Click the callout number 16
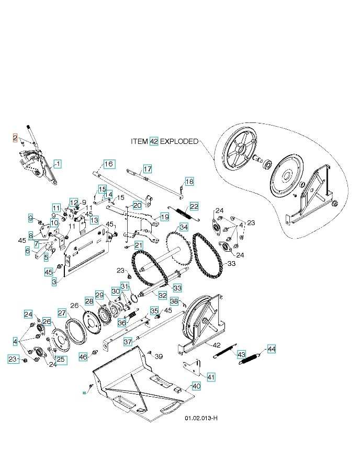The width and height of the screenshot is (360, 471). [x=108, y=164]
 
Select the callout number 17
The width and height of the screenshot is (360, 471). [x=148, y=169]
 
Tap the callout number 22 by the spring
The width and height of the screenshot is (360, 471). [x=194, y=206]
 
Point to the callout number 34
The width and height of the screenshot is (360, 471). [x=184, y=228]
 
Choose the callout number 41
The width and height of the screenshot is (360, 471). [x=210, y=377]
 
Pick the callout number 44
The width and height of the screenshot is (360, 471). [x=271, y=348]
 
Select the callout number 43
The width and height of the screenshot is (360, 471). [x=242, y=354]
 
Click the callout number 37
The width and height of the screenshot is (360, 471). [x=128, y=342]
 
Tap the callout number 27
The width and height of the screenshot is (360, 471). [x=62, y=313]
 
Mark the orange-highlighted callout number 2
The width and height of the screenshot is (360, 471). [x=16, y=138]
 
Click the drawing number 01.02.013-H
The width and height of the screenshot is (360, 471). [x=201, y=419]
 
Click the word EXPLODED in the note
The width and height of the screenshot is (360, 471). [x=179, y=141]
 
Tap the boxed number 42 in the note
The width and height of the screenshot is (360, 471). [x=154, y=141]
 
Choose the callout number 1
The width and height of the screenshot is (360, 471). [x=58, y=164]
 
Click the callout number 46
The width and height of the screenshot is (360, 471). [x=83, y=357]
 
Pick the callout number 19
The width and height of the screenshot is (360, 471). [x=165, y=217]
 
